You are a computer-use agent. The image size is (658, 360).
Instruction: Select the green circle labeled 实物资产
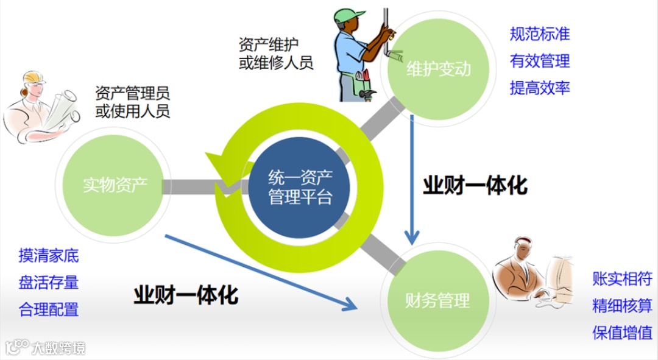(115, 183)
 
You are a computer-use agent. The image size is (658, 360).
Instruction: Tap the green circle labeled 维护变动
(438, 68)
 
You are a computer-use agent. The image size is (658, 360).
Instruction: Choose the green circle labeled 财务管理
(437, 300)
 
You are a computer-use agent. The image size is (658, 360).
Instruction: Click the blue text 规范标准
(539, 34)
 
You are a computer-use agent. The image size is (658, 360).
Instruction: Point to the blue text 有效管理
(539, 61)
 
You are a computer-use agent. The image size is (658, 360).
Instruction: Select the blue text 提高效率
(539, 88)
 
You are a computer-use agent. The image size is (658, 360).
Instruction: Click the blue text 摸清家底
(49, 256)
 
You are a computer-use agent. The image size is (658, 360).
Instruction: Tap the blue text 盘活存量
(49, 283)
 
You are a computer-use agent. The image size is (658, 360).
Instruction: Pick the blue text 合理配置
(49, 309)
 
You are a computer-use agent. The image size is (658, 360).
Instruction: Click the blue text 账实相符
(622, 279)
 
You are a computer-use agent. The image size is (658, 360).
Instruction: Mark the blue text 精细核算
(622, 306)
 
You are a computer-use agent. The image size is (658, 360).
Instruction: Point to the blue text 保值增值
(622, 333)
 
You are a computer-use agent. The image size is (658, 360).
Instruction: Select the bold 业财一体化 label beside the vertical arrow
(475, 186)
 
